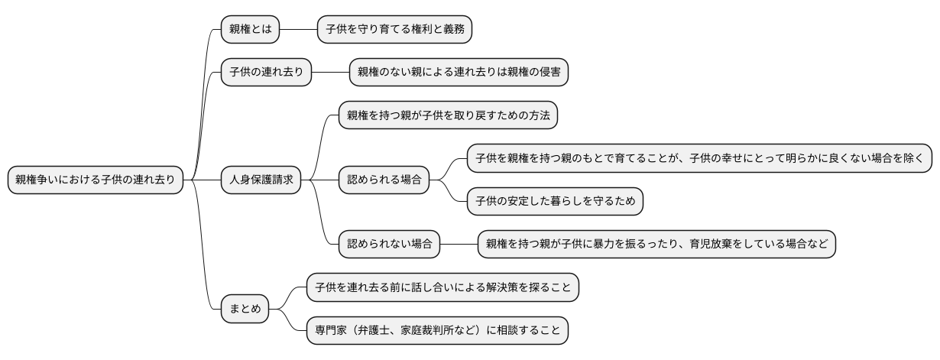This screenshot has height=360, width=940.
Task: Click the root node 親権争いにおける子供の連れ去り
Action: click(x=96, y=180)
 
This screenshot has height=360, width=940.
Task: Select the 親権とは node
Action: click(x=250, y=30)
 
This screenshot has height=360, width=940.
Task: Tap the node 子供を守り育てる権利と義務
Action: click(x=395, y=30)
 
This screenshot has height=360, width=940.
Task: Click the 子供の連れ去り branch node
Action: click(x=266, y=73)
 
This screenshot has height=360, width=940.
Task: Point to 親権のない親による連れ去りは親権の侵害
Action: click(x=459, y=73)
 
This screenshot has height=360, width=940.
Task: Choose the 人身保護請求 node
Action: click(x=261, y=180)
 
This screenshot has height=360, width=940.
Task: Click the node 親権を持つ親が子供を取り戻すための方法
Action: click(x=449, y=115)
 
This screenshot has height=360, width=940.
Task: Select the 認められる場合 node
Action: click(x=384, y=180)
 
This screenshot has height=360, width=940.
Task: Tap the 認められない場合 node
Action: click(x=389, y=245)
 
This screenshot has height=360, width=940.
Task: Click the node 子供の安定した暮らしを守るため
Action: click(x=555, y=202)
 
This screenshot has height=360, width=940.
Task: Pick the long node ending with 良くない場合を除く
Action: click(x=699, y=158)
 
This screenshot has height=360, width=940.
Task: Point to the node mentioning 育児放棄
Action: click(x=656, y=245)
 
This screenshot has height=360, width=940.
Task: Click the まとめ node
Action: click(x=245, y=310)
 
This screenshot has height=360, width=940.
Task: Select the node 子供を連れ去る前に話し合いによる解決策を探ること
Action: click(x=443, y=287)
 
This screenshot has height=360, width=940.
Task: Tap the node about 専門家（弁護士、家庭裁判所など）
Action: click(x=438, y=331)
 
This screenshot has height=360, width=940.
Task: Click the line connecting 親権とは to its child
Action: click(x=299, y=30)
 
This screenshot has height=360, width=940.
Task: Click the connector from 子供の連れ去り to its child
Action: click(x=330, y=73)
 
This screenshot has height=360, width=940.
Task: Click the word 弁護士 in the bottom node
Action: click(x=384, y=331)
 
